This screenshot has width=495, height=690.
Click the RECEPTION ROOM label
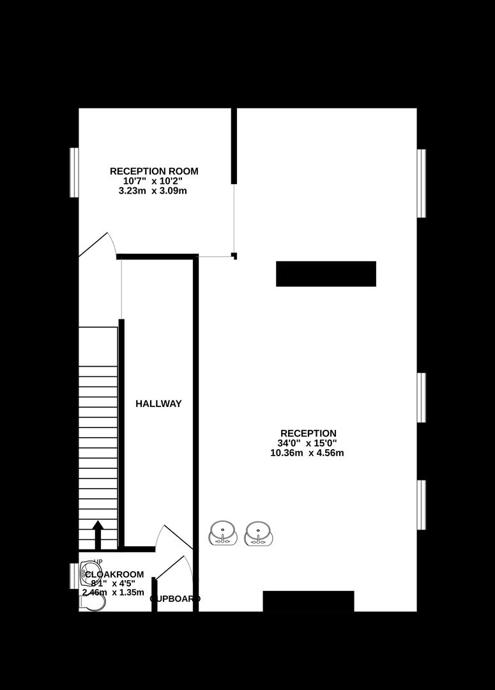point(154,171)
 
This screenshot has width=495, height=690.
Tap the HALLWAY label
point(158,404)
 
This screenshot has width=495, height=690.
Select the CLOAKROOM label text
point(114,574)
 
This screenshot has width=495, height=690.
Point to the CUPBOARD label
point(175,599)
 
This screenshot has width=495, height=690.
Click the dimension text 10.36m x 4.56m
point(307,453)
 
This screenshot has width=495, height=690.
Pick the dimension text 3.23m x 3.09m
point(153,190)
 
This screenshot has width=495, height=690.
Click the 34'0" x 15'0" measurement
point(307,443)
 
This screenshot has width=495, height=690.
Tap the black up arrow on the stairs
point(98,534)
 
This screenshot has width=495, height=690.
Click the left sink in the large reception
point(223,533)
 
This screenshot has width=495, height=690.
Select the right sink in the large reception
point(259,533)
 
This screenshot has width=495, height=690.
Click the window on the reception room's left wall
point(74,172)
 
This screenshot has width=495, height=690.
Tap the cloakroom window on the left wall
point(74,576)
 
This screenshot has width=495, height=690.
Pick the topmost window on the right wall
point(422,183)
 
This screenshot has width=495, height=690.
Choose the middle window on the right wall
point(422,397)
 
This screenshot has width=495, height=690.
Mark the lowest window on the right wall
point(422,505)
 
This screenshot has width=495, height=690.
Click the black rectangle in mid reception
point(326,273)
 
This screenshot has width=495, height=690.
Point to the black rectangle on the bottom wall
point(308,601)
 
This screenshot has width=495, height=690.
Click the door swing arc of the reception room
point(102,243)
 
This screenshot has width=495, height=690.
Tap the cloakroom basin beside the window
point(90,575)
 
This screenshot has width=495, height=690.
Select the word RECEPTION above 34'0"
point(308,433)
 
